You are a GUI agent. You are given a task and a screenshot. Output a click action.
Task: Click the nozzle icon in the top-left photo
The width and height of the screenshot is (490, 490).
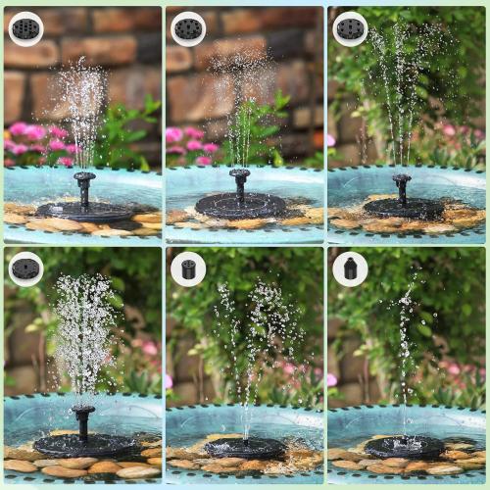click(25, 28)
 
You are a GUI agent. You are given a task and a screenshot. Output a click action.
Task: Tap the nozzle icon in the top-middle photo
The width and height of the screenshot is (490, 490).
click(188, 28)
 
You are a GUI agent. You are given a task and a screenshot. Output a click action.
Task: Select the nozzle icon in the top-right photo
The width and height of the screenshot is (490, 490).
click(350, 28)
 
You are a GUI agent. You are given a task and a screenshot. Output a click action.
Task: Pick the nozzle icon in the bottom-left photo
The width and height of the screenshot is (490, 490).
click(25, 269)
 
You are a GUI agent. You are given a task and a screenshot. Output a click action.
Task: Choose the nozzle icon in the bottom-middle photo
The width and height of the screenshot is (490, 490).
click(188, 269)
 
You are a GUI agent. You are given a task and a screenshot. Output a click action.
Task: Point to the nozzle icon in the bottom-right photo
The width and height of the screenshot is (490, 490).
click(350, 269)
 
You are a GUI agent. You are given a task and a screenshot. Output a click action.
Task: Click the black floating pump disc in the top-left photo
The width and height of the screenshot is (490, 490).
click(83, 211)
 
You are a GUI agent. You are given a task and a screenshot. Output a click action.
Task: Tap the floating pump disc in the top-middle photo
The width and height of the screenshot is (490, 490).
click(240, 205)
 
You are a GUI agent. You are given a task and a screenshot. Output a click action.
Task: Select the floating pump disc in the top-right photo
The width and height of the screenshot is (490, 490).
click(403, 207)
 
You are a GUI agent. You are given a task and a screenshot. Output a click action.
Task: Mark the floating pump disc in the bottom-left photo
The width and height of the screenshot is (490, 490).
click(82, 445)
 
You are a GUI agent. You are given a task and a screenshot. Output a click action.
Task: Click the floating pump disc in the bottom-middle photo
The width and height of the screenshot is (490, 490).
click(246, 448)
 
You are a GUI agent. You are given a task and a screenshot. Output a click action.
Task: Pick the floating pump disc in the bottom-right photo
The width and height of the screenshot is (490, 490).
click(404, 448)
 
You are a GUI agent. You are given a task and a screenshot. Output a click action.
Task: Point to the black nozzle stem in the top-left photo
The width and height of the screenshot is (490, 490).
click(84, 188)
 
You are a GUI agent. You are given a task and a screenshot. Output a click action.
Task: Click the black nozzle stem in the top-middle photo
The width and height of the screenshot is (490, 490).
click(239, 183)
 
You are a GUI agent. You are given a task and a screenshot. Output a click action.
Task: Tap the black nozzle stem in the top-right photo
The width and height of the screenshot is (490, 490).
click(402, 187)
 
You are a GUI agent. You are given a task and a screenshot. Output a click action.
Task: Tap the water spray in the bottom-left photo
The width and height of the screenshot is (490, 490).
click(83, 333)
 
